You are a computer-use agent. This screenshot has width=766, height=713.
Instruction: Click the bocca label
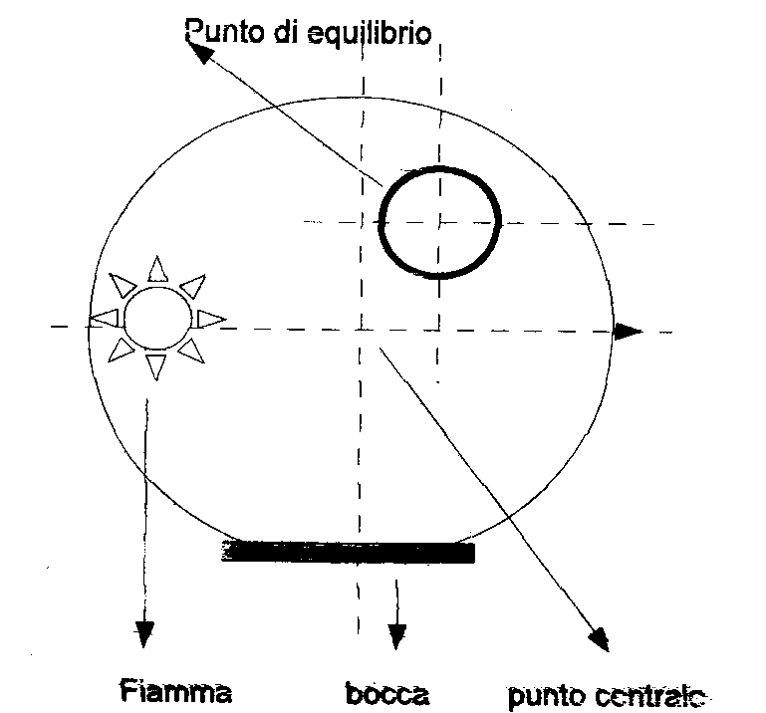coord(387,692)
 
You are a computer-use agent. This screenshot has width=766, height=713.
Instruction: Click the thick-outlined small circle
coord(440,221)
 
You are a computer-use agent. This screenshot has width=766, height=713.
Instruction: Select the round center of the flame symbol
coord(156,318)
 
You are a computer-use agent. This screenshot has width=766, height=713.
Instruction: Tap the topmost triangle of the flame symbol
coord(156,269)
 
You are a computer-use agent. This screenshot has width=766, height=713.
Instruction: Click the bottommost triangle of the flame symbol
coord(155,365)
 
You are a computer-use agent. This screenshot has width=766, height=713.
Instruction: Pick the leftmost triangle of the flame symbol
coord(105,317)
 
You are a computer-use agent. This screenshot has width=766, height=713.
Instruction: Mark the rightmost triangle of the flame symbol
coord(210,319)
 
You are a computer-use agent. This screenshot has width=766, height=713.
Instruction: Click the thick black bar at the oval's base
coord(348,551)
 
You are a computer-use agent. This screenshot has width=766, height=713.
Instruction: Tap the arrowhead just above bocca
coord(397,633)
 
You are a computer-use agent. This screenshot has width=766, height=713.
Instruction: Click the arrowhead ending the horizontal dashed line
coord(627,332)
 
